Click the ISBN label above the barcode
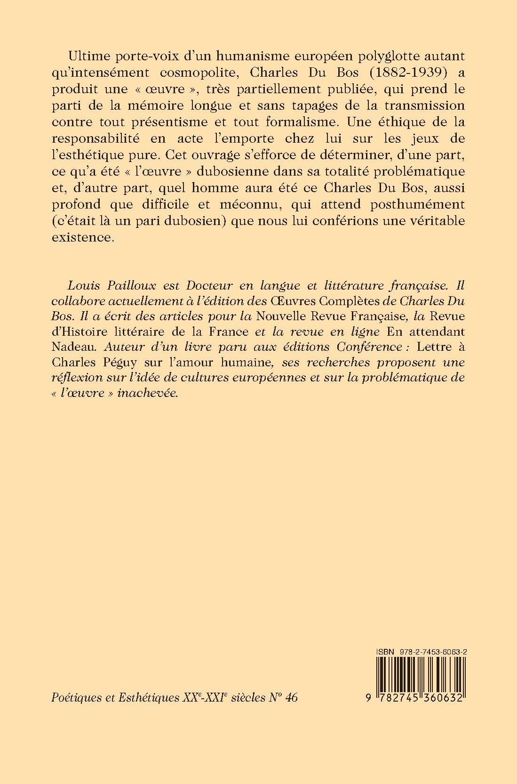386,650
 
